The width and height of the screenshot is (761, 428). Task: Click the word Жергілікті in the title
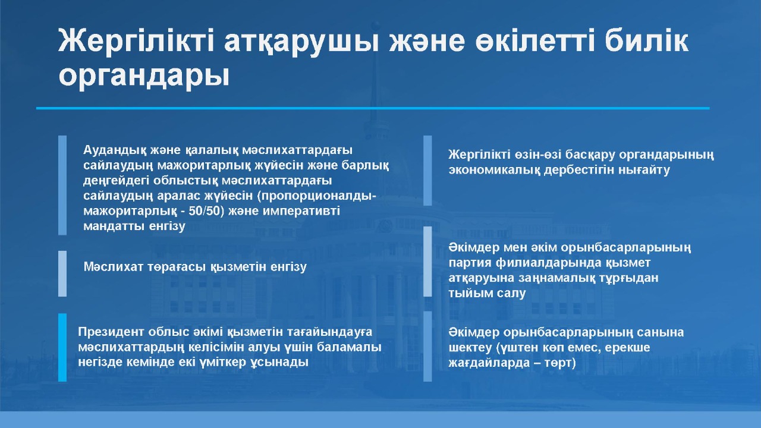[x=136, y=41]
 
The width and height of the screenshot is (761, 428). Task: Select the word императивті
[x=301, y=211]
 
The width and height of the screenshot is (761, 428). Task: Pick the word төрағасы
[x=177, y=267]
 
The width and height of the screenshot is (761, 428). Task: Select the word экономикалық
[x=494, y=170]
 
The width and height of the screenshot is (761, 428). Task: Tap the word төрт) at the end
[x=560, y=363]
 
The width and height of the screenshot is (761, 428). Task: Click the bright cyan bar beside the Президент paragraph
[x=62, y=347]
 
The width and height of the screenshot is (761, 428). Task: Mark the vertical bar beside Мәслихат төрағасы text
[x=62, y=274]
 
